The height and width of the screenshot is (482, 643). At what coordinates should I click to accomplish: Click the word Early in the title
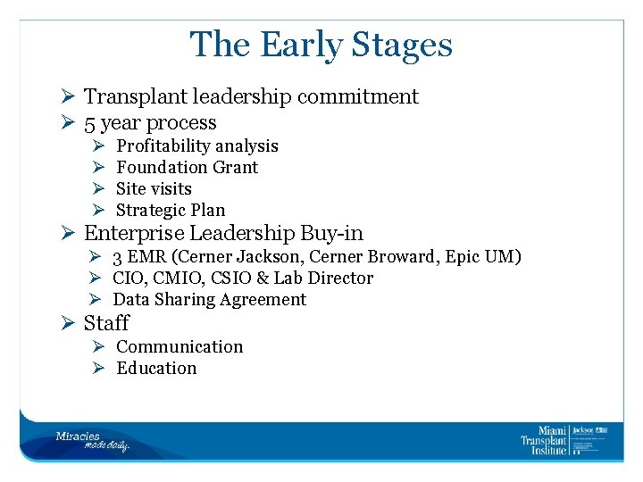297,45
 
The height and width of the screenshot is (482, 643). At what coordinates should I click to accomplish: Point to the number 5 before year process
90,123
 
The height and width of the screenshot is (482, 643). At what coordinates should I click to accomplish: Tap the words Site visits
154,188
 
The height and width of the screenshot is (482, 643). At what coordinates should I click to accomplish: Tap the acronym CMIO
178,278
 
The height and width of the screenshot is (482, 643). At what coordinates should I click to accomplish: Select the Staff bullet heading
106,323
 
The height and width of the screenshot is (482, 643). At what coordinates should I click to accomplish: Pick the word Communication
180,346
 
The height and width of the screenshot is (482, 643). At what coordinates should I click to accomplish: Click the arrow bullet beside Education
98,368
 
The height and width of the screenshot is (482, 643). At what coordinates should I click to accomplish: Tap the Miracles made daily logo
92,441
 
